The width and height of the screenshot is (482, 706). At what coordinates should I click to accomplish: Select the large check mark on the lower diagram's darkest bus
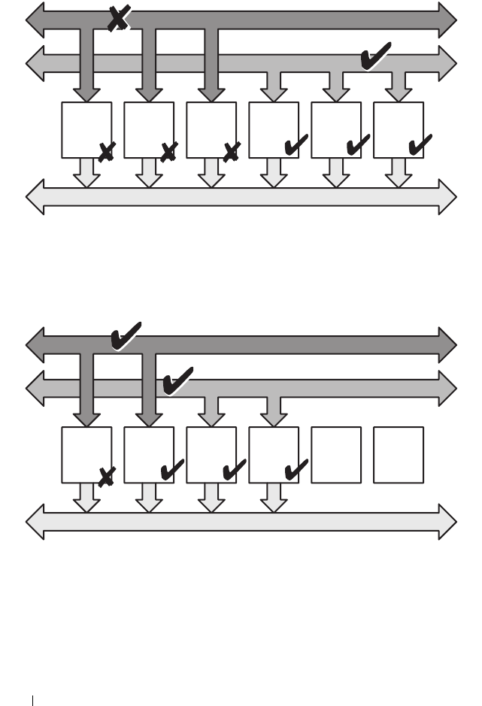click(x=125, y=336)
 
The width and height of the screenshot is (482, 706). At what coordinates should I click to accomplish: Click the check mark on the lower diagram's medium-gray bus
click(x=177, y=380)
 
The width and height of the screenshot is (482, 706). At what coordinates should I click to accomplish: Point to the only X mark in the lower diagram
click(x=106, y=475)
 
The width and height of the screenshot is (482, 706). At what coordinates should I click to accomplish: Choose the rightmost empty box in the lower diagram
click(x=399, y=455)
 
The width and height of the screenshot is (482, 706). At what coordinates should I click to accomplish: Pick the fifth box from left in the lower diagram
click(x=336, y=455)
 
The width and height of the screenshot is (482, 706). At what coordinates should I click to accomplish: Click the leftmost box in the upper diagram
click(x=86, y=129)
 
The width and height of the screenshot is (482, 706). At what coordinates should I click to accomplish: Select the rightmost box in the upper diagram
click(x=399, y=129)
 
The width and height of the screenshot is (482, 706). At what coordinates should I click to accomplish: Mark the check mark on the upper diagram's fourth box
click(x=296, y=144)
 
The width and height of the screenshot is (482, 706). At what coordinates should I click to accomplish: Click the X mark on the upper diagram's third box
click(x=232, y=152)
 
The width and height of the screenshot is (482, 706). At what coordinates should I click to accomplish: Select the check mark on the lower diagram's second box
click(x=172, y=470)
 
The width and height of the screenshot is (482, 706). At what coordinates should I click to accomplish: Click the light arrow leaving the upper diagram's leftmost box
click(x=87, y=172)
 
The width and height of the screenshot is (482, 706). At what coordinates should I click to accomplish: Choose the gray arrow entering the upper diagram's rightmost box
click(x=399, y=86)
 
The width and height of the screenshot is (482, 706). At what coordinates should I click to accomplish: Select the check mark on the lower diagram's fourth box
click(x=296, y=470)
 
